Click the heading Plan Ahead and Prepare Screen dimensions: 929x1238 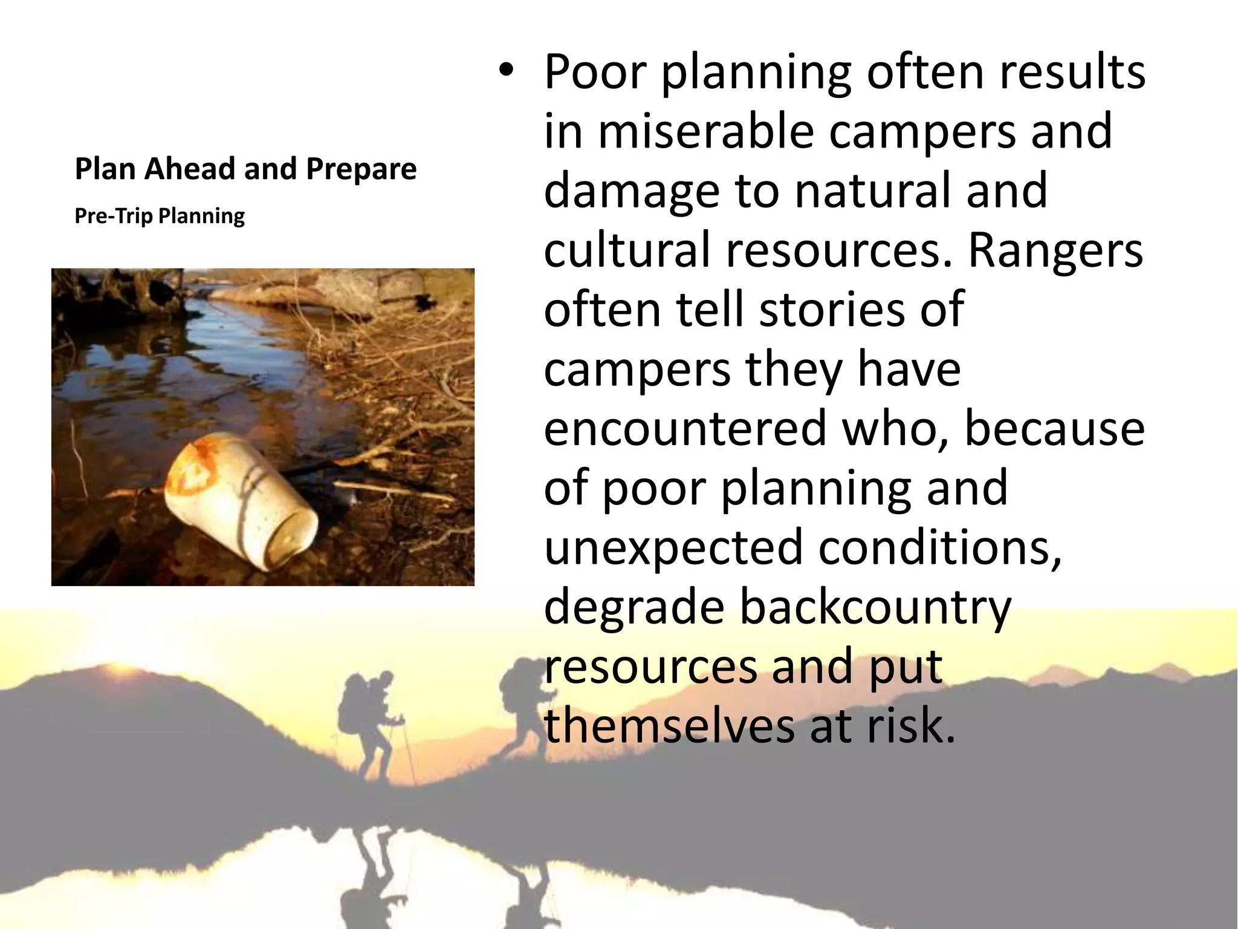(x=245, y=169)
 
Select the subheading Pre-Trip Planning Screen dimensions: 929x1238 (x=160, y=216)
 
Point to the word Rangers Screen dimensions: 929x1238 (x=1055, y=250)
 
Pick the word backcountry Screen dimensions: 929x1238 (x=875, y=607)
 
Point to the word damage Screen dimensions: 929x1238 (x=632, y=191)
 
